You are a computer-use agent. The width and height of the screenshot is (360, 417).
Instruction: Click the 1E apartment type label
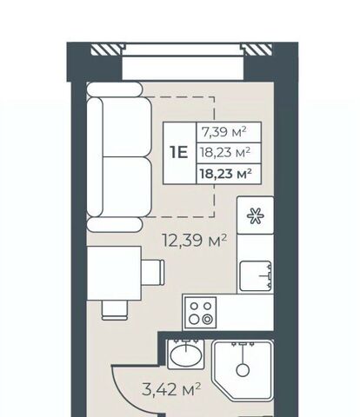(x=179, y=152)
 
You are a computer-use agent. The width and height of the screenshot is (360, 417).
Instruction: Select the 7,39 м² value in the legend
(x=224, y=132)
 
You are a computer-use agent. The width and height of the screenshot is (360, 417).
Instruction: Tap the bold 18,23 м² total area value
(x=225, y=174)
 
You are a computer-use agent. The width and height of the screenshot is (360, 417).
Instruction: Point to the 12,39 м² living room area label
(x=195, y=241)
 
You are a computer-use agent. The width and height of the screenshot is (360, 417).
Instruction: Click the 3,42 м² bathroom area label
(x=171, y=389)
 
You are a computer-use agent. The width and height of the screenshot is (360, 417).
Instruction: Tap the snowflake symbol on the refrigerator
(x=255, y=215)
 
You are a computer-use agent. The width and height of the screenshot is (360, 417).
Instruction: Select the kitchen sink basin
(x=256, y=275)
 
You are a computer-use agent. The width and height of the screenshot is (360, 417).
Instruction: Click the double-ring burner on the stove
(x=207, y=320)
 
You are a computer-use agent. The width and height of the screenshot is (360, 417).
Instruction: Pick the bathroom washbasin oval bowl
(x=186, y=355)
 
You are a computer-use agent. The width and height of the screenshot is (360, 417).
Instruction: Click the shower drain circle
(x=243, y=370)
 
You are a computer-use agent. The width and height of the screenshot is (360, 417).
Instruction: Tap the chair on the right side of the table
(x=153, y=272)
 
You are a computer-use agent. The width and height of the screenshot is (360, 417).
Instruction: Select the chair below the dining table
(x=115, y=310)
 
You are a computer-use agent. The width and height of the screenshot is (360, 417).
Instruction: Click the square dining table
(x=114, y=274)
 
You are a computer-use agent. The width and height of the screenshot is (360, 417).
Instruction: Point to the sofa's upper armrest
(x=115, y=89)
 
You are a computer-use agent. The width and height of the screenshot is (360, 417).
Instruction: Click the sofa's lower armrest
(x=115, y=225)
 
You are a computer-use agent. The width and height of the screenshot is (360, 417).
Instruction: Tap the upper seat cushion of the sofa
(x=127, y=127)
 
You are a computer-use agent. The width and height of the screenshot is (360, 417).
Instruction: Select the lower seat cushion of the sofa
(x=127, y=187)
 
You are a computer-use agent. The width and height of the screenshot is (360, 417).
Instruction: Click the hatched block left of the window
(x=105, y=50)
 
